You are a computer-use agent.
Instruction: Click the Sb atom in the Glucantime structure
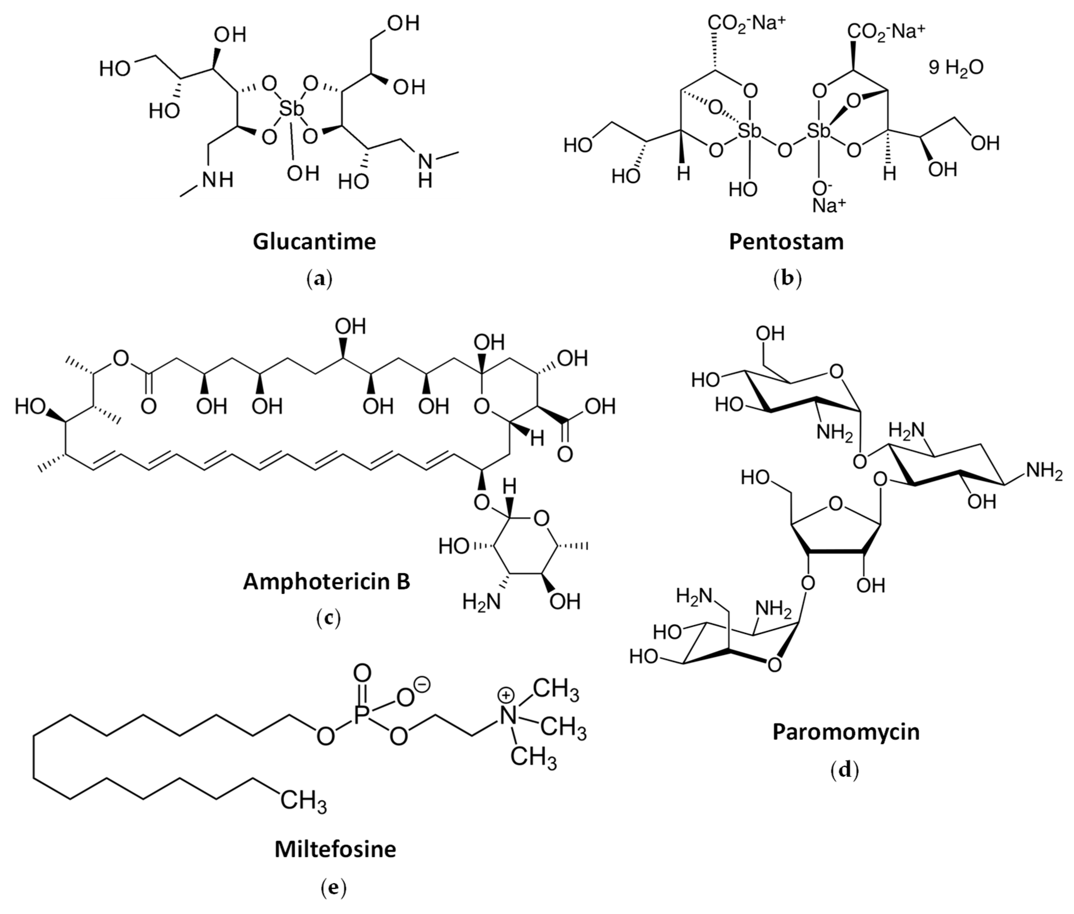(x=291, y=109)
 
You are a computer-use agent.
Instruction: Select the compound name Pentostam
(x=786, y=242)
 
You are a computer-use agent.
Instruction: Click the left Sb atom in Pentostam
(x=749, y=131)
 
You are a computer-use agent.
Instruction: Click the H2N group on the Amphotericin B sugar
(x=481, y=602)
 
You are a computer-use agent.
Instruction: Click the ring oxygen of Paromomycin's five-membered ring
(x=835, y=503)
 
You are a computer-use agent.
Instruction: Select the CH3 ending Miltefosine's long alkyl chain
(x=303, y=801)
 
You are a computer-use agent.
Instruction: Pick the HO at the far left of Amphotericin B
(x=30, y=407)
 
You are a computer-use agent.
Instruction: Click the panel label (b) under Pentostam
(x=787, y=279)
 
